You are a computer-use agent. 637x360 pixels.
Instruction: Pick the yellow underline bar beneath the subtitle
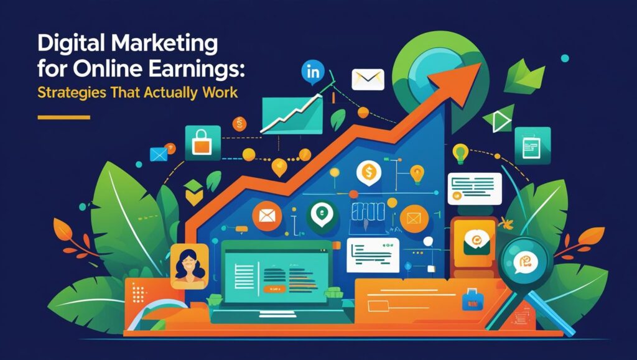click(63, 117)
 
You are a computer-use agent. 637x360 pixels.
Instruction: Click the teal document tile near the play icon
click(532, 145)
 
